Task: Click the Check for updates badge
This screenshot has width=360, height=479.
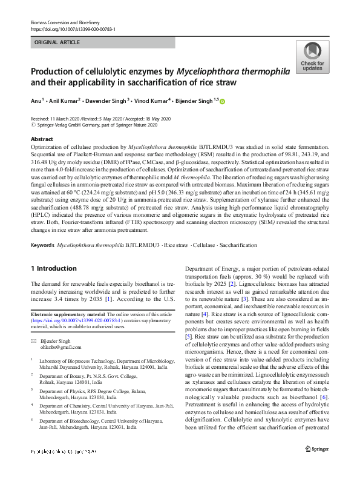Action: pos(312,58)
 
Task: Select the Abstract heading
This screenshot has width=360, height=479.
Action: pos(42,139)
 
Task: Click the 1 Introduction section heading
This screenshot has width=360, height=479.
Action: pos(53,268)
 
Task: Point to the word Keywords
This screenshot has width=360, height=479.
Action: pos(42,245)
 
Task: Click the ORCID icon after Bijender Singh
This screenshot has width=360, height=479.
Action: pos(221,101)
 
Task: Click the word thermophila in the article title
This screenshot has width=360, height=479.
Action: pos(259,71)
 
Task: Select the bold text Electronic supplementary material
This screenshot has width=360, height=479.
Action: pos(67,314)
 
